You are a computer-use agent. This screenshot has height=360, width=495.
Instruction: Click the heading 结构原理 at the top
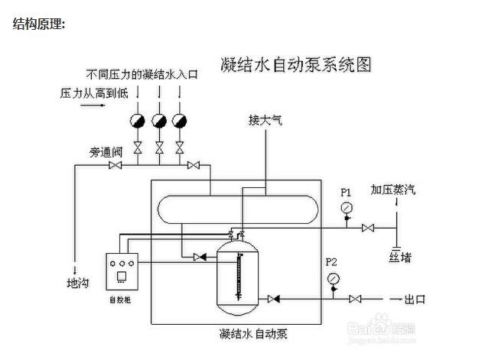tap(39, 24)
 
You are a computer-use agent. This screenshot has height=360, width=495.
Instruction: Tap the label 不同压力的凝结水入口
tap(142, 74)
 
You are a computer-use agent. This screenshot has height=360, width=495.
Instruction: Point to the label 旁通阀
tap(106, 152)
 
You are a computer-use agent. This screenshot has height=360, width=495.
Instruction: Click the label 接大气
tap(265, 120)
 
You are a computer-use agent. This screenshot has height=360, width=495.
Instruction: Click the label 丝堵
tap(400, 257)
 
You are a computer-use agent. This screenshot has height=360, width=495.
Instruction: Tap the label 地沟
tap(78, 284)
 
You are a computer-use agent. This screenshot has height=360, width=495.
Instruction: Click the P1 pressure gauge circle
tap(347, 208)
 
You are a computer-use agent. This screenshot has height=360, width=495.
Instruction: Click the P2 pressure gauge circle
tap(333, 279)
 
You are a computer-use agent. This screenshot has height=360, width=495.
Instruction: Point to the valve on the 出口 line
tap(355, 298)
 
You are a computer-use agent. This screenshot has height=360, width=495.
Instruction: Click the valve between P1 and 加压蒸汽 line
tap(368, 227)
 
